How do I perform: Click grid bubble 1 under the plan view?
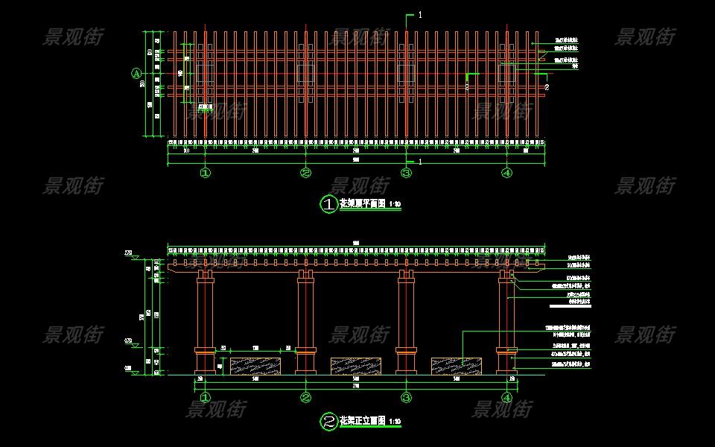(205, 174)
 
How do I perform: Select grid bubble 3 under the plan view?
(406, 174)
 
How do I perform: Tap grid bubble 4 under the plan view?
(507, 174)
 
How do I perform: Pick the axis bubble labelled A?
(136, 73)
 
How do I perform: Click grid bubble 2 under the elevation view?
(305, 398)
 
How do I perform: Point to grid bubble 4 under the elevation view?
(507, 398)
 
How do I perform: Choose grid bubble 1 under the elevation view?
(205, 398)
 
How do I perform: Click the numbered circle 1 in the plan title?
(328, 204)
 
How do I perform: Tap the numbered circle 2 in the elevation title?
(328, 422)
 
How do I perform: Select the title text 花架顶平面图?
(363, 203)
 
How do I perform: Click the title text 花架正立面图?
(363, 421)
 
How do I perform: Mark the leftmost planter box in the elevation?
(255, 366)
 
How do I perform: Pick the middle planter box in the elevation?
(356, 366)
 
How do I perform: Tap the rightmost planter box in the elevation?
(457, 366)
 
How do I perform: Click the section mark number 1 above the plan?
(420, 14)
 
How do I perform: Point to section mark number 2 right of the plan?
(547, 87)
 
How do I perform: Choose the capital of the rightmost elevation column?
(507, 276)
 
